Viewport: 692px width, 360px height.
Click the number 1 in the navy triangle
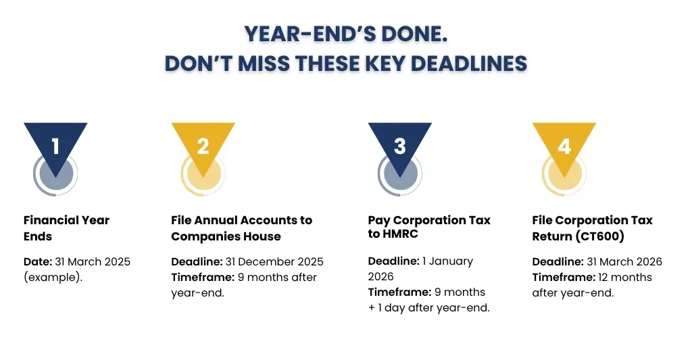(55, 147)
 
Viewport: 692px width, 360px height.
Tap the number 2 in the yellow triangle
(203, 147)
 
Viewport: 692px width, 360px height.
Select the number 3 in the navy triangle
(400, 147)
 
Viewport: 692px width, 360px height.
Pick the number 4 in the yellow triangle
(564, 147)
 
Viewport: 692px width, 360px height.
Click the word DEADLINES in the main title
(469, 63)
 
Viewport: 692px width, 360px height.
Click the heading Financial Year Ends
(66, 228)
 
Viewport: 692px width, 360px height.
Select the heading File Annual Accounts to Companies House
(241, 228)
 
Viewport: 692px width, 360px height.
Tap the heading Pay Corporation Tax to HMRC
(429, 227)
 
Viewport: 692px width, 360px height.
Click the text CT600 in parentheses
(600, 236)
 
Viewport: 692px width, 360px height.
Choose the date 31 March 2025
(93, 261)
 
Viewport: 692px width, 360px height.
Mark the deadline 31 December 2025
(274, 261)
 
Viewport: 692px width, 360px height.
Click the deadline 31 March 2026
(624, 261)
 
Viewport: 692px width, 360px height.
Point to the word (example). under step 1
(53, 278)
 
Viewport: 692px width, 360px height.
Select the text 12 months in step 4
(625, 278)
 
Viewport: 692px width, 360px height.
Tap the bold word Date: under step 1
(38, 261)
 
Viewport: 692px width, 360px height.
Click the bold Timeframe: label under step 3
(399, 292)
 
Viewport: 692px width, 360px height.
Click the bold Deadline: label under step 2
(197, 261)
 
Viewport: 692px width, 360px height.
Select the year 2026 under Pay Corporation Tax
(381, 277)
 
